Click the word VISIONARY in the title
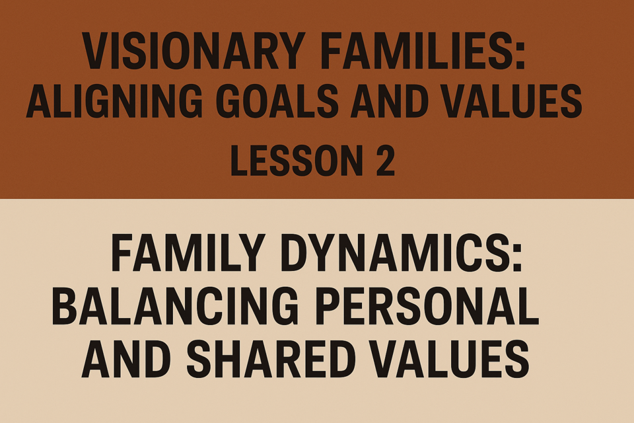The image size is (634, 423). pyautogui.click(x=194, y=51)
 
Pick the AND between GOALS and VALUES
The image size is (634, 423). pyautogui.click(x=390, y=100)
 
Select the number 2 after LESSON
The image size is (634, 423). pyautogui.click(x=385, y=161)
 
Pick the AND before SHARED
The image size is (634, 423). pyautogui.click(x=126, y=359)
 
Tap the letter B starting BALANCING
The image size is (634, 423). pyautogui.click(x=65, y=306)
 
